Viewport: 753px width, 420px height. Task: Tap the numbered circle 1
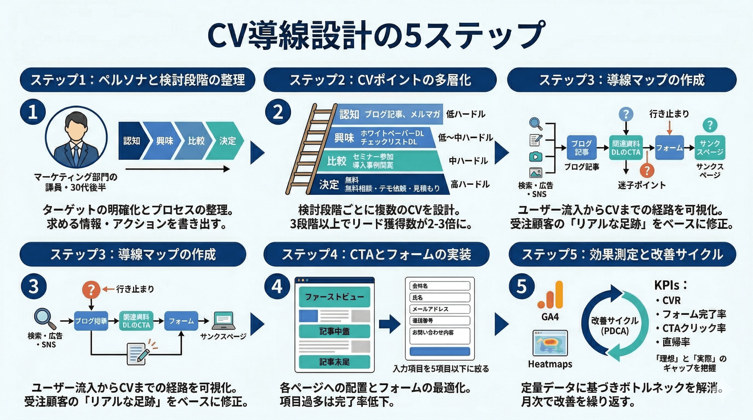tap(33, 112)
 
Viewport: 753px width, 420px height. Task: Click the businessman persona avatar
tap(76, 137)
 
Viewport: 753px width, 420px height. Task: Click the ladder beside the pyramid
tap(310, 149)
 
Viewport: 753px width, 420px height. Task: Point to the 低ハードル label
tap(465, 114)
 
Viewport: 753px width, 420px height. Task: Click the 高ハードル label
tap(470, 184)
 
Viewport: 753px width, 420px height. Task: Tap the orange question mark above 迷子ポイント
tap(647, 171)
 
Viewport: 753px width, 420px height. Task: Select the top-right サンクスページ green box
tap(710, 147)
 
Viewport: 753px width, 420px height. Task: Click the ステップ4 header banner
tap(376, 254)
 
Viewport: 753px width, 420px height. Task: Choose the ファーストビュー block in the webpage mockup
tap(334, 297)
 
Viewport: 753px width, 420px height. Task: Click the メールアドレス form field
tap(440, 309)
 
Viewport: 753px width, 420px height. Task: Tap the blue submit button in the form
tap(440, 351)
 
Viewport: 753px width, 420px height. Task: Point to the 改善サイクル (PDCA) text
tap(615, 325)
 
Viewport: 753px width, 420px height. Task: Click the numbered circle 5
tap(522, 286)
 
